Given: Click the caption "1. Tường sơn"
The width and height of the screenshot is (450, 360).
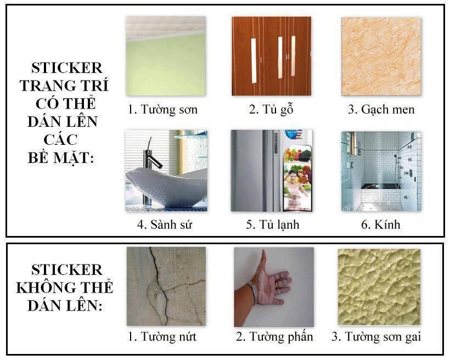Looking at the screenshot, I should coord(162,110).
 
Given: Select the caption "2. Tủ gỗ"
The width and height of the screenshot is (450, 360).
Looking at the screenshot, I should coord(271,110).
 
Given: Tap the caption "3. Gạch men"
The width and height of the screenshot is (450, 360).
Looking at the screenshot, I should coord(381,110).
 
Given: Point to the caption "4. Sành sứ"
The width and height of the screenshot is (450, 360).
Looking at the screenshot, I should coord(165,224).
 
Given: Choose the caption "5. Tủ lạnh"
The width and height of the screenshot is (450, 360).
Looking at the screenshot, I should coord(272,224).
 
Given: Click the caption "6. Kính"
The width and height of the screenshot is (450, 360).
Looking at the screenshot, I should coord(381,224).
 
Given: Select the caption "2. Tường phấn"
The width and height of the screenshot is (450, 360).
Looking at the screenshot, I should coord(274,336).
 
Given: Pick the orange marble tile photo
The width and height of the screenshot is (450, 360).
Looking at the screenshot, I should coord(381,56).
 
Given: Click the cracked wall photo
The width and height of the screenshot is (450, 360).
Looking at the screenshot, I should coord(166,286).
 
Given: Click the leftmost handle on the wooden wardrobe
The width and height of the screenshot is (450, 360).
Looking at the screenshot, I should coord(254,60).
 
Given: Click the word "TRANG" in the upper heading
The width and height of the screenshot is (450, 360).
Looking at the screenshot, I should coord(45,86).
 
